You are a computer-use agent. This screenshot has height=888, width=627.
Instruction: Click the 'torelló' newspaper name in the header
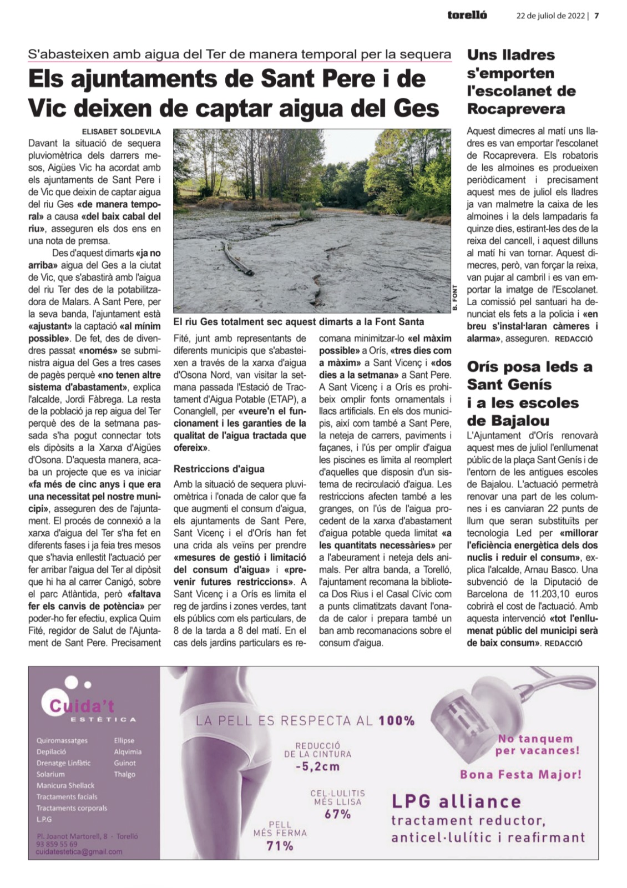467,16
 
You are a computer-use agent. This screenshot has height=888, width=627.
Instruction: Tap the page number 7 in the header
596,16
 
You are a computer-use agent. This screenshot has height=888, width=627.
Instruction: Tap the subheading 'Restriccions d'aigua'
219,469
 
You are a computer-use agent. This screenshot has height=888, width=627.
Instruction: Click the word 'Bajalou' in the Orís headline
520,420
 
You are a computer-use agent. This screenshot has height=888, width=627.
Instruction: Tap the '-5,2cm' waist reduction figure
317,767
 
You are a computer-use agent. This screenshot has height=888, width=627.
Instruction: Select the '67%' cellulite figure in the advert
337,814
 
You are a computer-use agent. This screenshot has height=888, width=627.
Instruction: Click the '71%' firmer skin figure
280,846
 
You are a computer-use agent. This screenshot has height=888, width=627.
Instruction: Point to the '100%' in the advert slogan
396,720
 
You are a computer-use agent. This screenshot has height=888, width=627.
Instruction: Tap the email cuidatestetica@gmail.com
79,852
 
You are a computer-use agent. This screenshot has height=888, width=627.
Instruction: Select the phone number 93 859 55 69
57,844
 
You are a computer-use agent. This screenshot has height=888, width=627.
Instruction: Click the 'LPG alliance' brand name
456,801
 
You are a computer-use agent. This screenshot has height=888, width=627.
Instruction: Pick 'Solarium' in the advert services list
50,774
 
